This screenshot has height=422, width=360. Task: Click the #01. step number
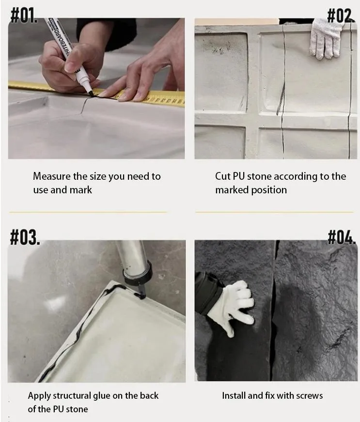(x=24, y=16)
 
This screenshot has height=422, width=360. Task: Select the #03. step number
(x=25, y=237)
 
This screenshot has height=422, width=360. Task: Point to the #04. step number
(x=342, y=237)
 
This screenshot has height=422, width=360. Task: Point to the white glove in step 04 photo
(x=233, y=307)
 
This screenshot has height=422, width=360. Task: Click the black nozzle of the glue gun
(x=141, y=291)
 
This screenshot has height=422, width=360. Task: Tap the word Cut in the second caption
(x=222, y=176)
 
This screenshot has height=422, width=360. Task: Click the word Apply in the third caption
(x=39, y=396)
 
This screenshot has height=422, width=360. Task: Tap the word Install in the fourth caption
(x=234, y=396)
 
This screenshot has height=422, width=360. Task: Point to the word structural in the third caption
(x=72, y=396)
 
